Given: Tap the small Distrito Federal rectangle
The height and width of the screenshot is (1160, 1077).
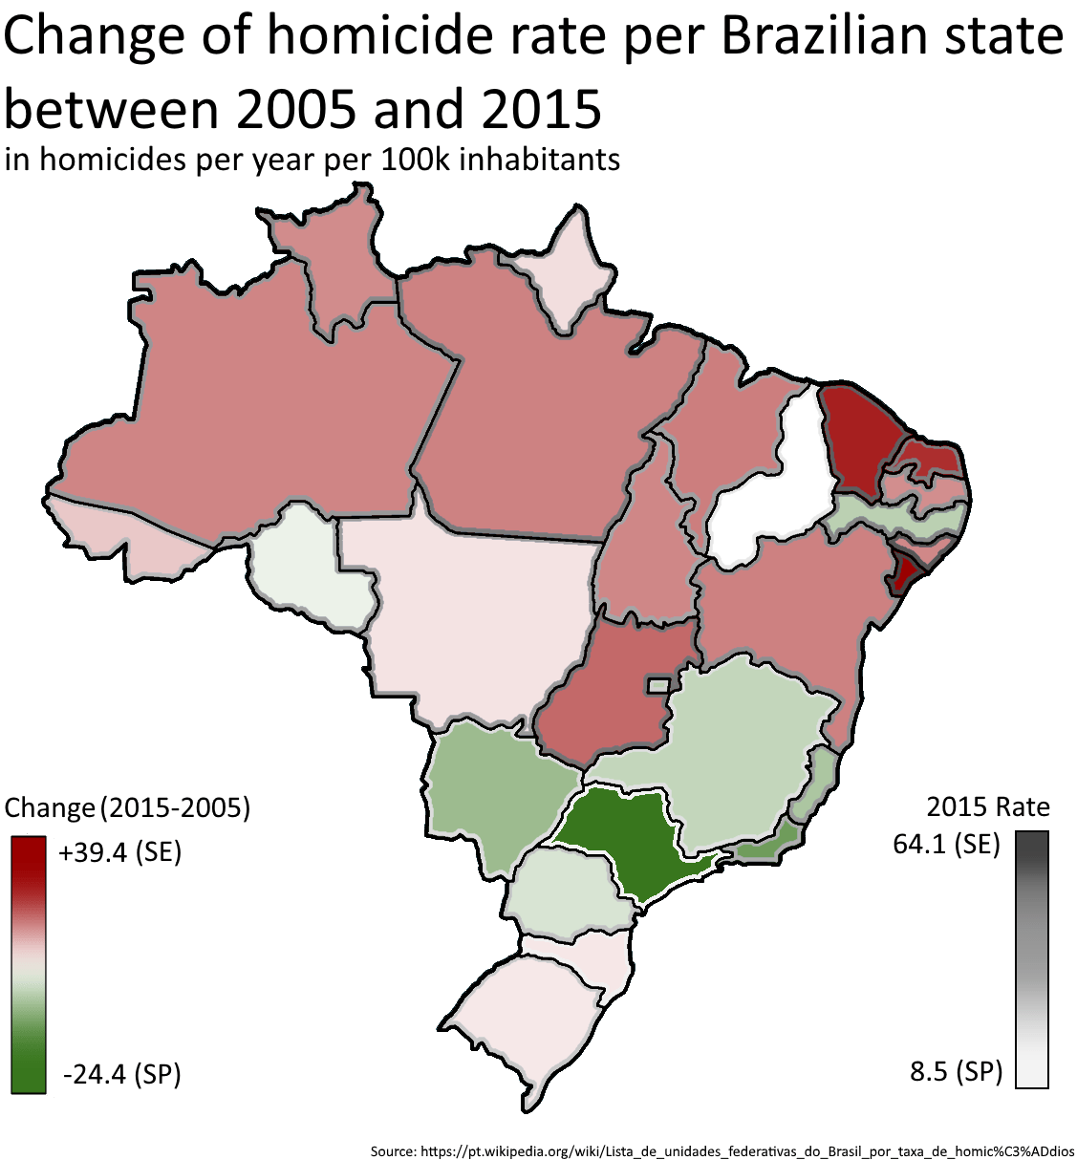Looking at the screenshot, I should click(658, 685).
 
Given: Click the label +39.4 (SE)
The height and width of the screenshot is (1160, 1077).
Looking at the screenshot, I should click(119, 851).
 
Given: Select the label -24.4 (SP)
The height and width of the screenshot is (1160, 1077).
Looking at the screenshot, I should click(121, 1074).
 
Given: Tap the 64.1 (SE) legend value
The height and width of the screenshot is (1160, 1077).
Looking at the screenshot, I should click(946, 844).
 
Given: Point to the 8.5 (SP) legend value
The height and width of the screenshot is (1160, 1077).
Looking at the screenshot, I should click(956, 1071).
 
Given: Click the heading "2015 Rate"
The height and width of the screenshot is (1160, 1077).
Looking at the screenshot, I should click(987, 806).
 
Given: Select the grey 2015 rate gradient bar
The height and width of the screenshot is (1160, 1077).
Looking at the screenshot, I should click(1031, 959).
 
